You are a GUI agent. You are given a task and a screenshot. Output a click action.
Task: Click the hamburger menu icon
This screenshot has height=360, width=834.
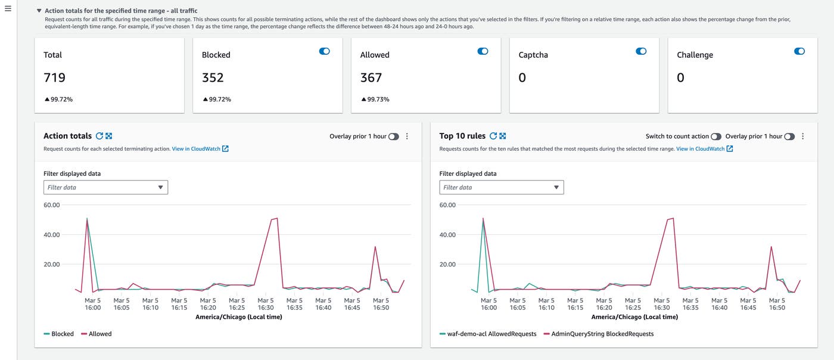coord(8,8)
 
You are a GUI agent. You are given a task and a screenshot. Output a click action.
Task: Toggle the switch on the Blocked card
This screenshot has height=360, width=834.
coord(325,51)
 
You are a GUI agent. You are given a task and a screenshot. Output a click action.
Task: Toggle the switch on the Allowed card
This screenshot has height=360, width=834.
coord(483,51)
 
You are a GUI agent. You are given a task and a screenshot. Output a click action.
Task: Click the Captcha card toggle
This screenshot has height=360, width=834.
coord(641,51)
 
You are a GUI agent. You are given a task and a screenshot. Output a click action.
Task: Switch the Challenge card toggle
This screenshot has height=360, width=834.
coord(799,51)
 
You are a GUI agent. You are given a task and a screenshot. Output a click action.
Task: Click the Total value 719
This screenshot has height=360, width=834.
coord(55,77)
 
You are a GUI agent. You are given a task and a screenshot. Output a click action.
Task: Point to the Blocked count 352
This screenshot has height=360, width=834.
coord(213,77)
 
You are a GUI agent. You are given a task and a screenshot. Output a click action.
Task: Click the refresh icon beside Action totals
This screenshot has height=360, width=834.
coord(99,136)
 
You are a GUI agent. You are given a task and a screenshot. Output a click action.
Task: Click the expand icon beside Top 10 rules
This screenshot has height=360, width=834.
coord(503,136)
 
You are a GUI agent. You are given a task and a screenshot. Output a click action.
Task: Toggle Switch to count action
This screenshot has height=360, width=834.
coord(716,136)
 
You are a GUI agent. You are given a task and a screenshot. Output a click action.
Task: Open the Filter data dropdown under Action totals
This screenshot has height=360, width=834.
coord(105,187)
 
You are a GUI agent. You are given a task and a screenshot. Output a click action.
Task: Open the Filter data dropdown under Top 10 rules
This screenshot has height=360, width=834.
coord(502,187)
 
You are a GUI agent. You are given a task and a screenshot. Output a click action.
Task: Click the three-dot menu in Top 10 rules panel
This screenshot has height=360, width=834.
coord(802,136)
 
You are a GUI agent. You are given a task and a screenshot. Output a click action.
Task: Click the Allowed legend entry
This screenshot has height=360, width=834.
coord(96,334)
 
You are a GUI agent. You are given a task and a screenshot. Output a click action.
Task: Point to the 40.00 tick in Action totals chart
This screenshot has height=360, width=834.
coord(52,234)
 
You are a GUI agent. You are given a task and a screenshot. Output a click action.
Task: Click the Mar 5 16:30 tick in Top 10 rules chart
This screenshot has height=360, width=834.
coord(661,304)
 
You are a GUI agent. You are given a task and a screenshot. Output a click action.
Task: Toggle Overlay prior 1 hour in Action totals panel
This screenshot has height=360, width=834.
coord(393,136)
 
